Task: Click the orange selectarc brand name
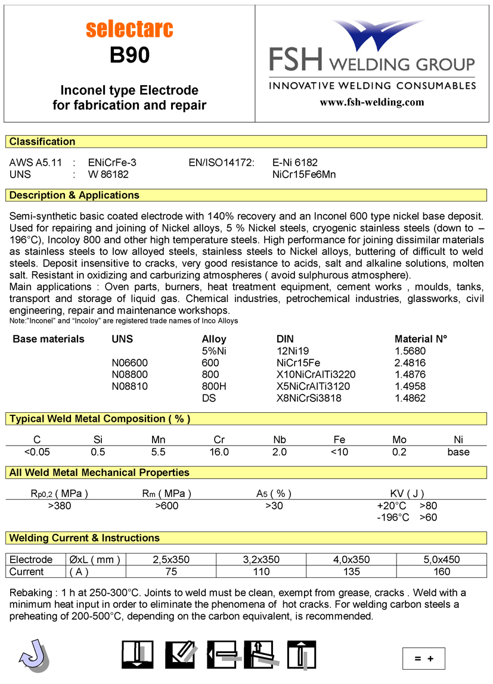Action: click(129, 29)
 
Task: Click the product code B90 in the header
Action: click(129, 56)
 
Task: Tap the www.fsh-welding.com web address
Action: click(372, 102)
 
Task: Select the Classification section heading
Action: click(42, 142)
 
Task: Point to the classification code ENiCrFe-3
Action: click(116, 162)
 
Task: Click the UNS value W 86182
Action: click(108, 175)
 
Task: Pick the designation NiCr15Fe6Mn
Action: click(303, 175)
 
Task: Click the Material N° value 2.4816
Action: click(410, 363)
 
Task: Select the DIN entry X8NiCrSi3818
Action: click(305, 398)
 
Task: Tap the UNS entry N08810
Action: click(130, 386)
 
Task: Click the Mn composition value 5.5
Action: click(158, 452)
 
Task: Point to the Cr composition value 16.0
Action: click(219, 452)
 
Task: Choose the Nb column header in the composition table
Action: click(280, 440)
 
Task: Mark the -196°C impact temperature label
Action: click(393, 517)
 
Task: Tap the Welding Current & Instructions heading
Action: click(85, 538)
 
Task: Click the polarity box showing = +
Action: click(423, 658)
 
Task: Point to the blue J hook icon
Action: click(33, 655)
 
